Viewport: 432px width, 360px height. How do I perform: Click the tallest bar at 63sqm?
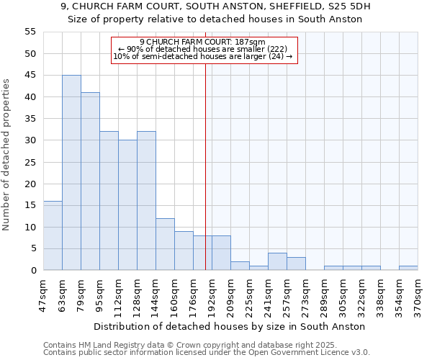pos(71,173)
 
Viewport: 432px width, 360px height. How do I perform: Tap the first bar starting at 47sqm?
pos(53,235)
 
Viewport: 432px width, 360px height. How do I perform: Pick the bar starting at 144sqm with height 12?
pos(165,244)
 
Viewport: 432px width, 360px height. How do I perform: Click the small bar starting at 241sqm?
pos(277,262)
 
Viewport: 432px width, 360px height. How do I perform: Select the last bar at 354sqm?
pos(408,269)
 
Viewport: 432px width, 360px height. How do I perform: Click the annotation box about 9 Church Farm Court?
pos(204,50)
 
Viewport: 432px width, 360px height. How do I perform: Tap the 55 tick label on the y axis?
pos(30,32)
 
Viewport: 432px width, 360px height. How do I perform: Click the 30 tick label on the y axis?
pos(30,140)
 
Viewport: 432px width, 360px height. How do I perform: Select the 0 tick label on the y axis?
pos(32,271)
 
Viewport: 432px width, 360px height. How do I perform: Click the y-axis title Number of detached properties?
pos(7,155)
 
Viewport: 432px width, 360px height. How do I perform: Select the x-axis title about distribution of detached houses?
pos(230,326)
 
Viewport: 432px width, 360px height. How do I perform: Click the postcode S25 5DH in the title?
pos(350,6)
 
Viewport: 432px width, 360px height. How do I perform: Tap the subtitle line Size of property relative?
pos(215,19)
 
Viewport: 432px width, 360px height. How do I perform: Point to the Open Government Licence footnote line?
pos(207,352)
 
